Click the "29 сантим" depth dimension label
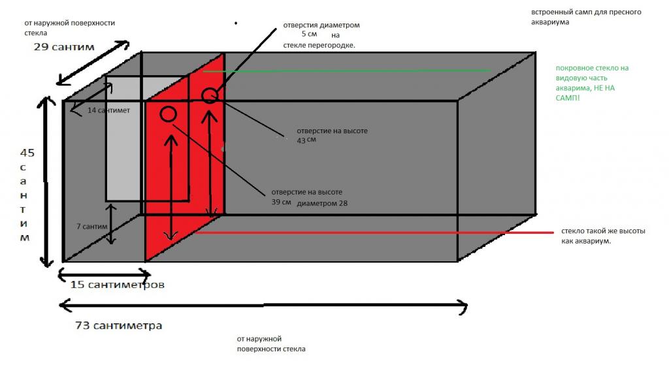click(x=64, y=47)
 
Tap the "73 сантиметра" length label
click(x=119, y=326)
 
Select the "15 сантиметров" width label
click(x=118, y=284)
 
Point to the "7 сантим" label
click(x=91, y=227)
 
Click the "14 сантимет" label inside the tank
click(x=108, y=110)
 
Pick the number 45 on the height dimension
click(x=27, y=153)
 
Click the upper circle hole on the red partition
click(x=210, y=95)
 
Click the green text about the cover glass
click(x=592, y=83)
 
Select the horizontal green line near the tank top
click(x=346, y=71)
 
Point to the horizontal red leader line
click(x=374, y=233)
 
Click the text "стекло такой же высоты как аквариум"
click(x=603, y=236)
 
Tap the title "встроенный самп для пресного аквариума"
click(x=586, y=17)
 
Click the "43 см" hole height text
click(x=306, y=140)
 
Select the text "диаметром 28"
click(x=322, y=203)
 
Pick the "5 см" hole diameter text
click(x=309, y=34)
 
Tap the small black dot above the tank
click(x=235, y=23)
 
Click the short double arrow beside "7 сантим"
click(x=111, y=224)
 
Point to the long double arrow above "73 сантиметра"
click(x=263, y=306)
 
